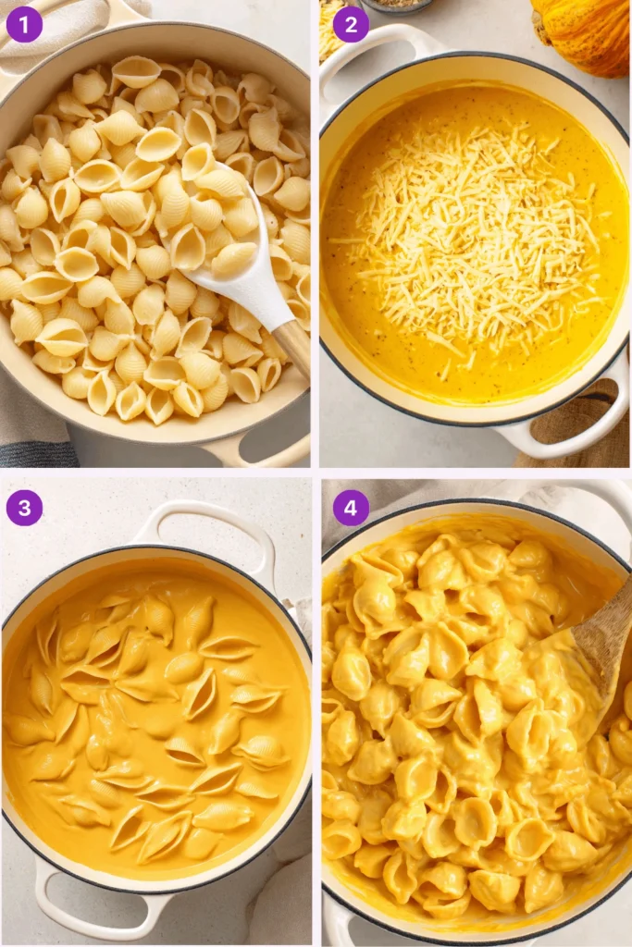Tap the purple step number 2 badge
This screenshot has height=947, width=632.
point(351,24)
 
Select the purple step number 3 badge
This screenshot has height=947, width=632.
point(24,508)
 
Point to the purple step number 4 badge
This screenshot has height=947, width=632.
point(351,508)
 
